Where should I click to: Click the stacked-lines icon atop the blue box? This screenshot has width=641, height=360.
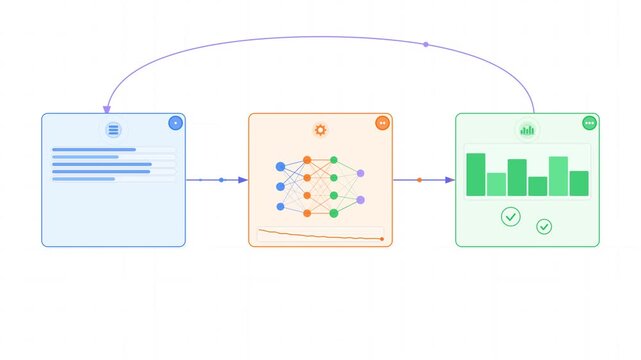113,130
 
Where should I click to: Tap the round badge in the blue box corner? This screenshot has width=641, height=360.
175,123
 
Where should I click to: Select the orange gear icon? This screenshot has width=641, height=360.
320,130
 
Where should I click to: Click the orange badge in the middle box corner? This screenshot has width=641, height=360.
382,123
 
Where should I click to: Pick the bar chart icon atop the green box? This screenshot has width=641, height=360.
527,130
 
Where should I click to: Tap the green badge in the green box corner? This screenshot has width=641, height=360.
589,123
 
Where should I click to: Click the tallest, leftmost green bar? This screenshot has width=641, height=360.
476,174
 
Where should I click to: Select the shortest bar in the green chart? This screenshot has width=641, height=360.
538,186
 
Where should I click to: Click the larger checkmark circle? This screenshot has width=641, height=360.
511,216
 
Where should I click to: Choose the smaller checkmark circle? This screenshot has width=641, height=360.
544,227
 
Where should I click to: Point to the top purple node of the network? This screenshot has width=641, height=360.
360,173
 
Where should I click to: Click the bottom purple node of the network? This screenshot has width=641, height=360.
360,200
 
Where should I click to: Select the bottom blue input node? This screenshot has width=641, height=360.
280,207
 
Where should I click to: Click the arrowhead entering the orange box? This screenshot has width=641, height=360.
243,180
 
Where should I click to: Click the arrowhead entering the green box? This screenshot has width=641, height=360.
450,180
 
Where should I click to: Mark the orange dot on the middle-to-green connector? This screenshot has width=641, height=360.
419,180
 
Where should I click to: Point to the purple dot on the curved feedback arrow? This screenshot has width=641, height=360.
426,44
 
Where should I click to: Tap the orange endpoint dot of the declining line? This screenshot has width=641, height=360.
382,239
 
